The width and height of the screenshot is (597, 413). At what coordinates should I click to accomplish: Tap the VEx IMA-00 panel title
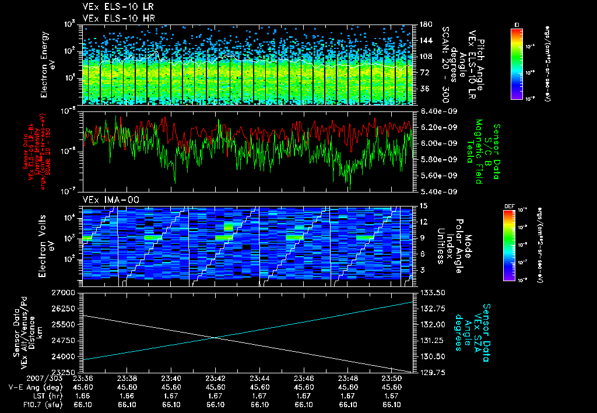(x=111, y=200)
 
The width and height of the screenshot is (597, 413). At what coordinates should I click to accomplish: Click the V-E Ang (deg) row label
(x=31, y=387)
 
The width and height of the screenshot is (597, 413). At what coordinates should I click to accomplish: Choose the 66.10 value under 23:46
(x=304, y=404)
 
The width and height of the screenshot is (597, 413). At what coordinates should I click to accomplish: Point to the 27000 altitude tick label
(x=65, y=292)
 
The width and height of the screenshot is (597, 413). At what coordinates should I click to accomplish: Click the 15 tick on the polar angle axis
(x=422, y=206)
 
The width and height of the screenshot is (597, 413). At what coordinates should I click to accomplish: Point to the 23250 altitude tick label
(x=65, y=372)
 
